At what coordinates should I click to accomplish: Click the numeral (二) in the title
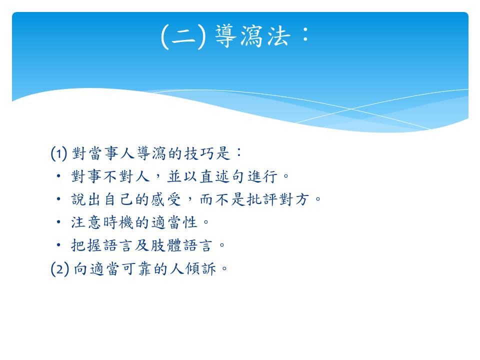[x=183, y=36]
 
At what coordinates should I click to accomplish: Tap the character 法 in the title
[x=278, y=36]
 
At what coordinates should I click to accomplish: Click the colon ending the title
[x=305, y=34]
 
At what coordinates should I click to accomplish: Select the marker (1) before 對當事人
[x=59, y=153]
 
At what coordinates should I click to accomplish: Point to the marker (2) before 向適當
[x=59, y=269]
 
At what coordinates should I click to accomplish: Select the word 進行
[x=262, y=176]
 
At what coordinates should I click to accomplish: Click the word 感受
[x=166, y=199]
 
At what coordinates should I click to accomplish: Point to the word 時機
[x=118, y=222]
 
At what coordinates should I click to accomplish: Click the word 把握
[x=86, y=245]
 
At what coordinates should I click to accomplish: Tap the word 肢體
[x=166, y=245]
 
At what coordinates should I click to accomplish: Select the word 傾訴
[x=201, y=269]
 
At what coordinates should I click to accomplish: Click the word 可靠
[x=136, y=269]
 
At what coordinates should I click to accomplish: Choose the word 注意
[x=86, y=222]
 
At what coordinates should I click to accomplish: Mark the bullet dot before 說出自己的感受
[x=58, y=199]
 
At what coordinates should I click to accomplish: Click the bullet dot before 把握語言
[x=58, y=245]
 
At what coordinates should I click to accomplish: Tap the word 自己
[x=118, y=199]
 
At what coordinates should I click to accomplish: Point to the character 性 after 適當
[x=190, y=222]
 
